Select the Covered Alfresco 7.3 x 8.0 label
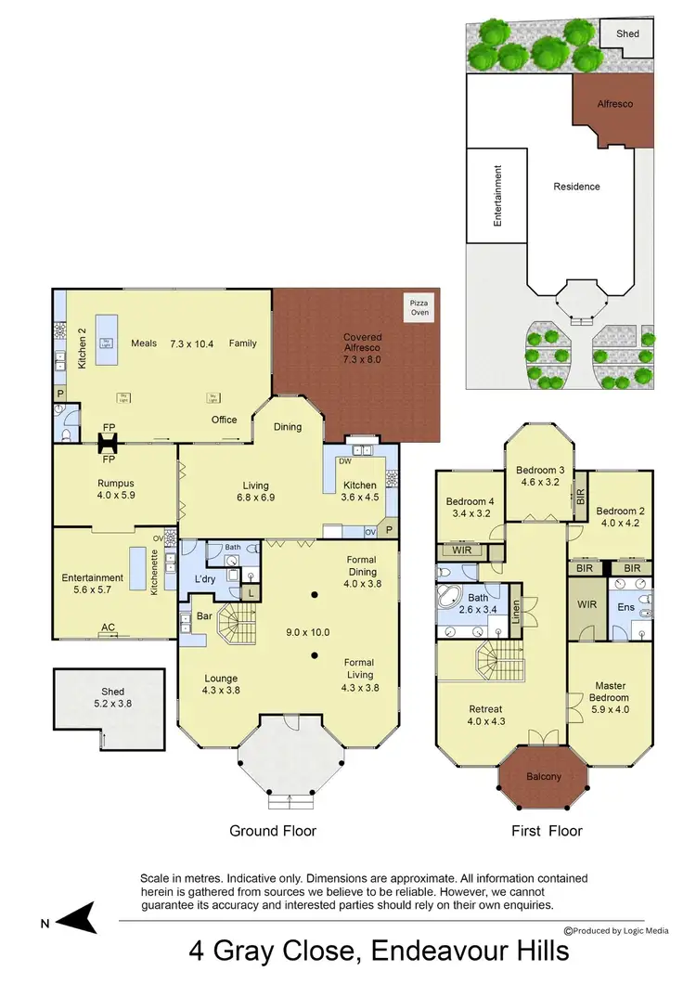tap(362, 348)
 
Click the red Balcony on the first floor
tap(544, 776)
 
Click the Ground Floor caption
tap(273, 831)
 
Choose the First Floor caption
tap(548, 831)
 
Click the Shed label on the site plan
tap(628, 33)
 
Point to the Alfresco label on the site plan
tap(613, 104)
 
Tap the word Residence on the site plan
tap(577, 187)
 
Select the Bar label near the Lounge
tap(202, 615)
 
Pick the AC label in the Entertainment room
tap(108, 628)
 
